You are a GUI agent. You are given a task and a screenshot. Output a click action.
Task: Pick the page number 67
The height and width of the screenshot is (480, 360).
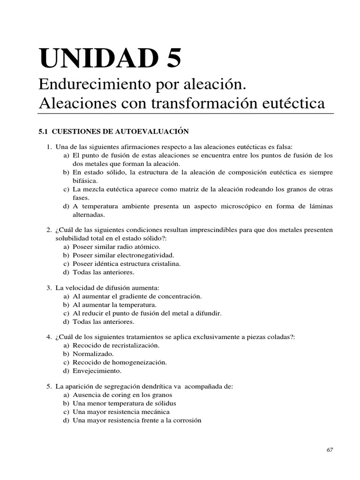[x=329, y=450]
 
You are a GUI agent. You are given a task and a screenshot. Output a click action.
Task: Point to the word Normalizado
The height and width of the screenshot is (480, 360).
[x=94, y=353]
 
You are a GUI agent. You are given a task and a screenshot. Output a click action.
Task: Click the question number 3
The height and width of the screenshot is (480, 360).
[x=48, y=287]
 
